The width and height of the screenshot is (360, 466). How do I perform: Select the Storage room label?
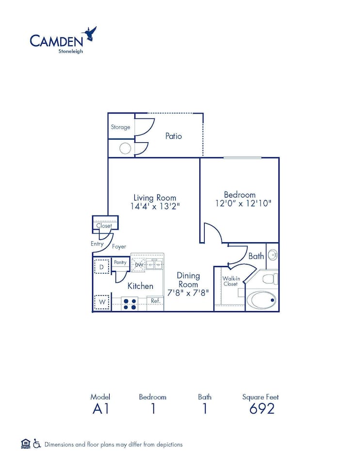tap(120, 127)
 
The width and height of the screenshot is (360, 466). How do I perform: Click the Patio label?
tap(173, 136)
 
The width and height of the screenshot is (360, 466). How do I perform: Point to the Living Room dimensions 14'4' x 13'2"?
tap(155, 206)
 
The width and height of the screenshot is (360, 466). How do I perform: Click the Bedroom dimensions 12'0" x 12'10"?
tap(243, 203)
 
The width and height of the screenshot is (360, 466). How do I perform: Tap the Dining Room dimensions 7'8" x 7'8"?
tap(188, 293)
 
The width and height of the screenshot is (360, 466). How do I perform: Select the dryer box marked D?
tap(101, 267)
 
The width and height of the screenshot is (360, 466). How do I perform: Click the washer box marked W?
tap(102, 302)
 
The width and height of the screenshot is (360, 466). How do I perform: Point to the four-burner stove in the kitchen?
tap(130, 304)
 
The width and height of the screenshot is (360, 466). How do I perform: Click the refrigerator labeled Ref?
tap(155, 301)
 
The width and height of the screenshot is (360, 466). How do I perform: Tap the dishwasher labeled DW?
tap(139, 265)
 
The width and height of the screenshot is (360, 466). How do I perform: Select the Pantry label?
tap(120, 263)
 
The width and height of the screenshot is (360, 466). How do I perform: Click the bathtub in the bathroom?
tap(262, 300)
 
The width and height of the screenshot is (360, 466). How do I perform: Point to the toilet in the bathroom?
tap(270, 279)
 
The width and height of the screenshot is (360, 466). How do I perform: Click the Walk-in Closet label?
tap(230, 281)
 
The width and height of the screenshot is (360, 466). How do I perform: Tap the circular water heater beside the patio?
tap(125, 149)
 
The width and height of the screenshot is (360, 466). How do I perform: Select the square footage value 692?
tap(262, 409)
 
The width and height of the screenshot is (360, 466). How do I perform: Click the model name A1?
tap(100, 409)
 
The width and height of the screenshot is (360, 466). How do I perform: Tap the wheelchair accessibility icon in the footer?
tap(37, 444)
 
